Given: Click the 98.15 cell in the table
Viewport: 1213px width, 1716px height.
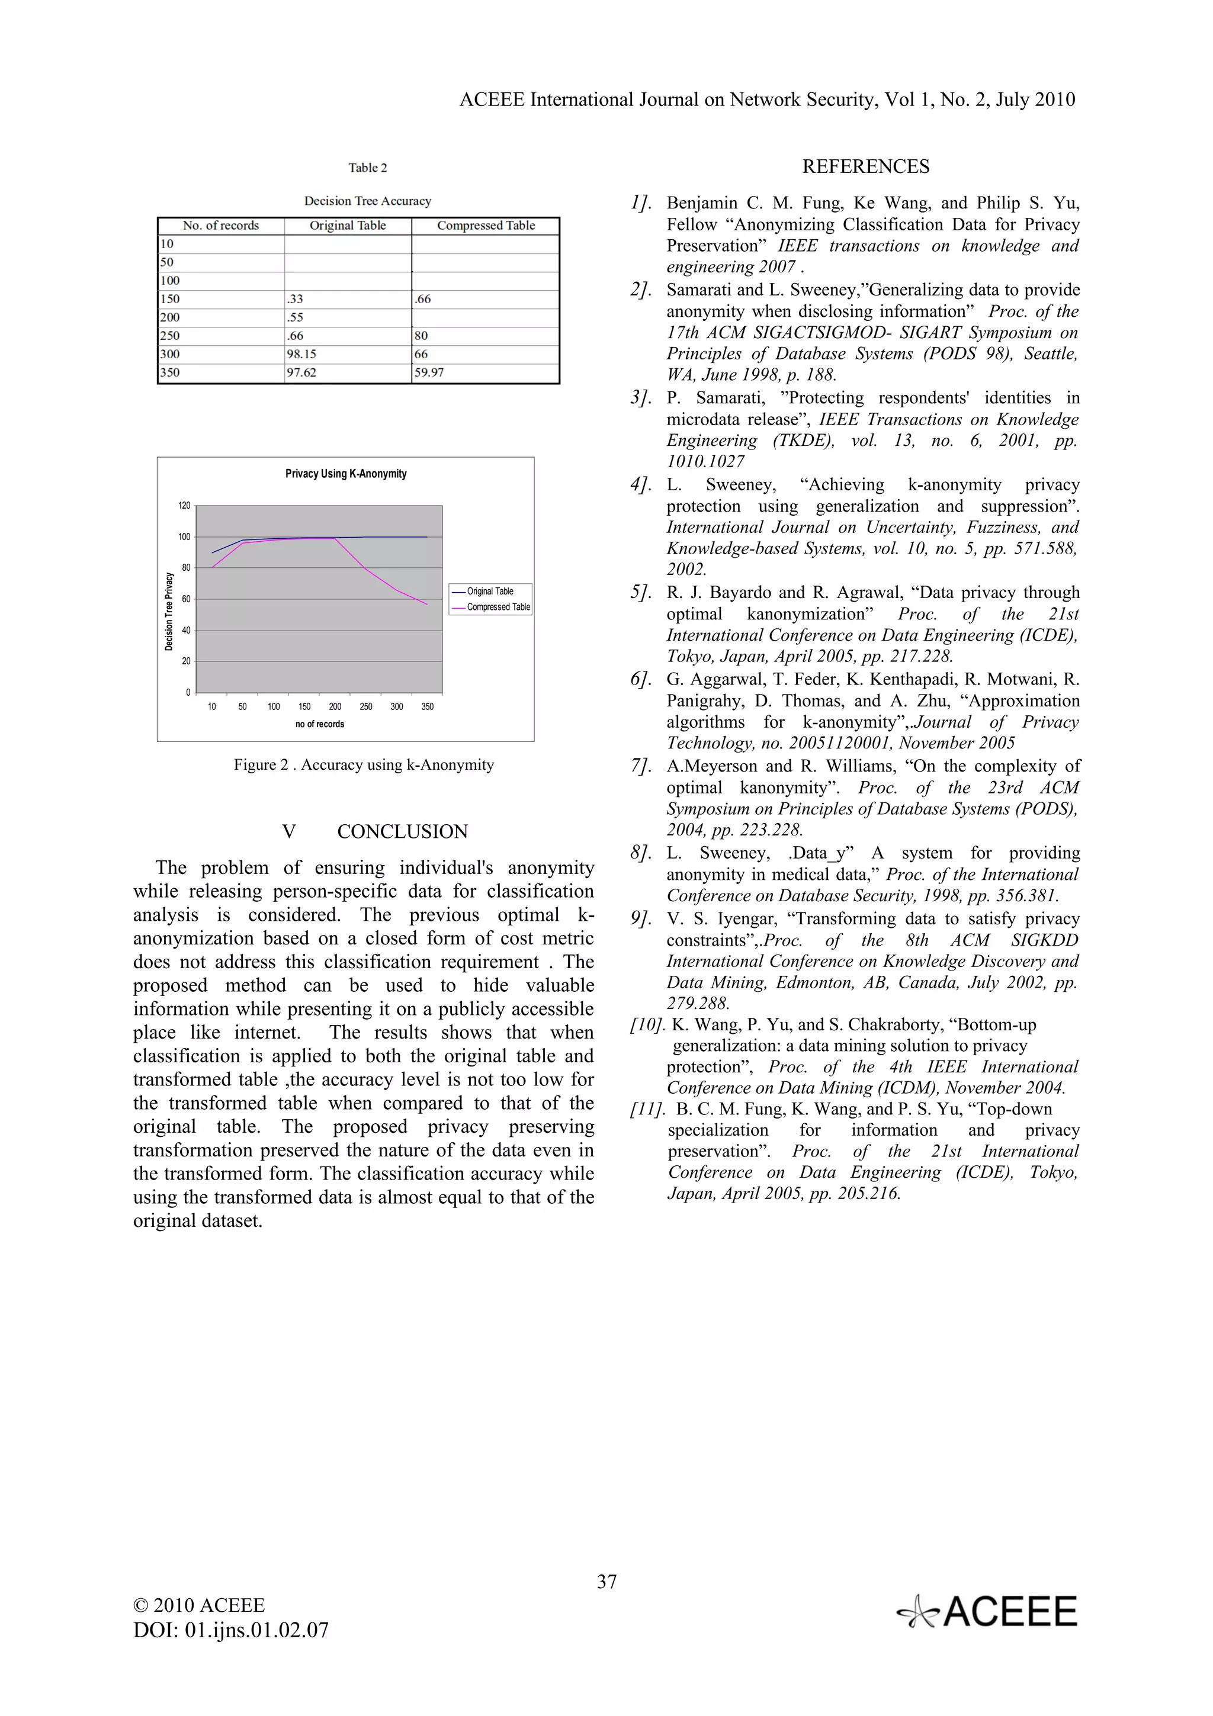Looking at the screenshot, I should (301, 354).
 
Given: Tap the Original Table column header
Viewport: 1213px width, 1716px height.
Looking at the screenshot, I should (348, 226).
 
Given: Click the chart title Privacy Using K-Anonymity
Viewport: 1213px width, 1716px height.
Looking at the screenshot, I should (346, 474).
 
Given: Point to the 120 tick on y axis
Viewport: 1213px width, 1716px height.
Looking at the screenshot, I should (184, 506).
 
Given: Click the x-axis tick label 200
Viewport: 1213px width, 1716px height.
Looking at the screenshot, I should (335, 706).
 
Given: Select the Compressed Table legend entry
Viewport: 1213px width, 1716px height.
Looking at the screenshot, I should (498, 607).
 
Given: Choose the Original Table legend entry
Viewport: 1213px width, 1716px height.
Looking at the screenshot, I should (490, 591).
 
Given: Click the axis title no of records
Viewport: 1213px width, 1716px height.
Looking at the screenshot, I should (320, 724).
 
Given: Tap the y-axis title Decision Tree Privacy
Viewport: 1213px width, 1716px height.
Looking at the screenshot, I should (169, 611).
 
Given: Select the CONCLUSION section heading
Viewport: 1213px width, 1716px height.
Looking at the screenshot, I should (402, 832).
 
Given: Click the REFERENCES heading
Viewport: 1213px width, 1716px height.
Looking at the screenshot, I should (865, 166).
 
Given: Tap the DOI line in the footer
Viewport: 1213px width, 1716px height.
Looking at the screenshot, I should (231, 1630).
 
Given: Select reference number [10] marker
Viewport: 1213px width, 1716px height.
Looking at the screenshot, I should (647, 1024).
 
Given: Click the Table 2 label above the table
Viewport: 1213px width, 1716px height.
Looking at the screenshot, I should (368, 168).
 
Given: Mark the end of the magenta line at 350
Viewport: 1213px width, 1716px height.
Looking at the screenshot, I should (428, 604).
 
